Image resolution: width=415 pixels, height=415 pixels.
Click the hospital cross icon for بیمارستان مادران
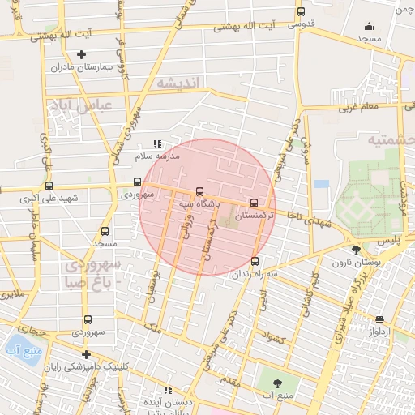81,54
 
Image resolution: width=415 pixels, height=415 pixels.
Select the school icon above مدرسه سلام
156,143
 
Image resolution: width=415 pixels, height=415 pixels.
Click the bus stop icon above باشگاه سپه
199,191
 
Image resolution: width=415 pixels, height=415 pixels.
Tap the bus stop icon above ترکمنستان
255,203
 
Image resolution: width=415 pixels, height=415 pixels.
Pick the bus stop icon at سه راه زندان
255,261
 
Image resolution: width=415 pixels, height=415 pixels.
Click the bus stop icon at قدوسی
302,12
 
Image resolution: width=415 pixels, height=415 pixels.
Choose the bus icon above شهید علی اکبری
49,185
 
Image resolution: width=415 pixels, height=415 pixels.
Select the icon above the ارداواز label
379,319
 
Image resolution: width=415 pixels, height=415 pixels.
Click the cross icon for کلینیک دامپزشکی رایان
86,354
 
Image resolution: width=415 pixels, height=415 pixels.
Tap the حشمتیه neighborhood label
391,139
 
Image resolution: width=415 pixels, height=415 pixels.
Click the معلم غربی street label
357,106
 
